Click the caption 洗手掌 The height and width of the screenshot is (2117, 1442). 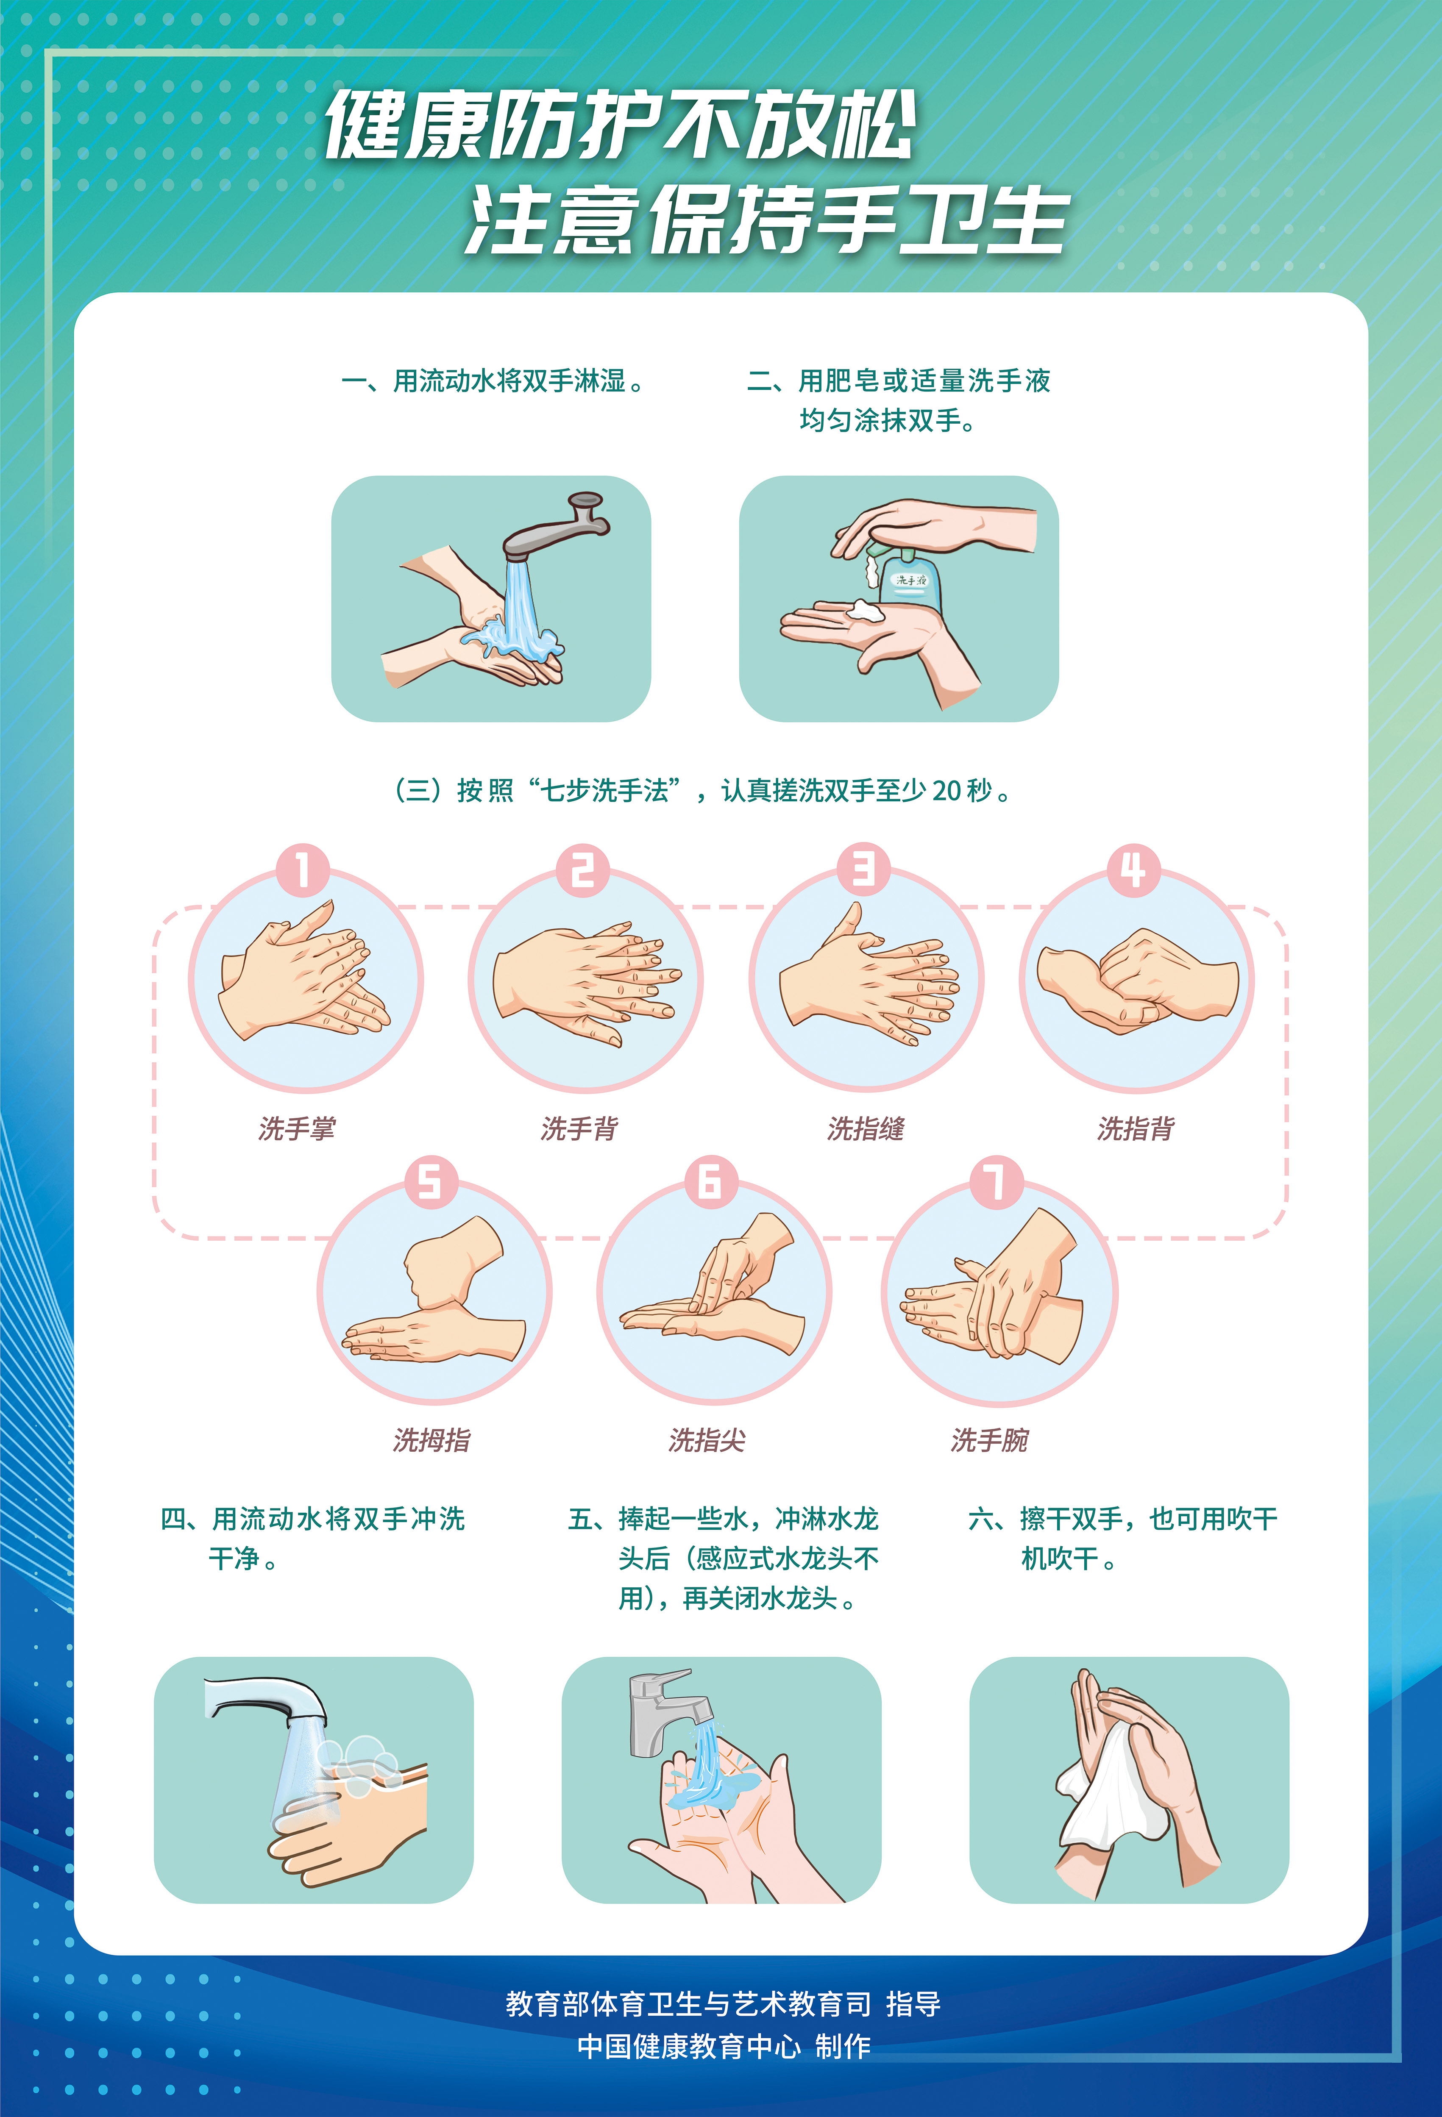coord(297,1129)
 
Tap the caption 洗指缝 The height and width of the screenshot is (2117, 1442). coord(866,1129)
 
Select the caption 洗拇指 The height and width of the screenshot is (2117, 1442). coord(432,1440)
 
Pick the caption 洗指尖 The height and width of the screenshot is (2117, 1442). coord(707,1440)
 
